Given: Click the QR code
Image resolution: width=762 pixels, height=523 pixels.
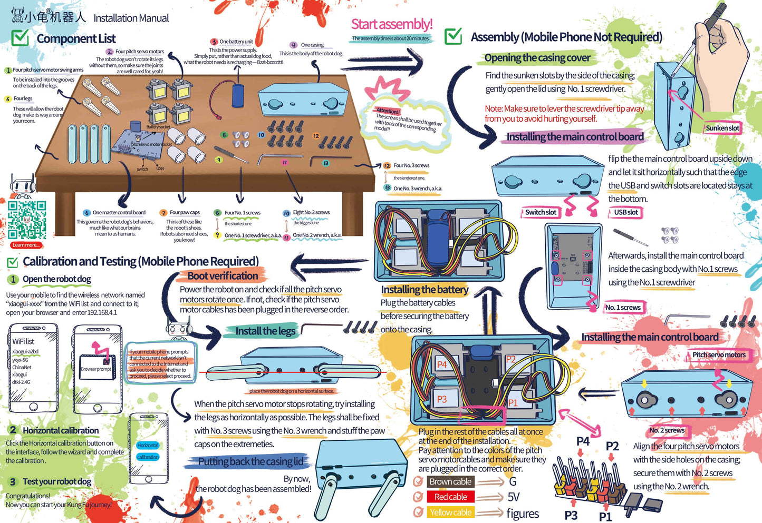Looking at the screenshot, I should tap(27, 220).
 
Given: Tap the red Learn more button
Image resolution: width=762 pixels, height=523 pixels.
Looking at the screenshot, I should tap(26, 245).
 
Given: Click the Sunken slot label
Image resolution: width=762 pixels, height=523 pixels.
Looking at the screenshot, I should tap(722, 128).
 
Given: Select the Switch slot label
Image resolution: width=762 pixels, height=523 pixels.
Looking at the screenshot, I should tap(541, 212).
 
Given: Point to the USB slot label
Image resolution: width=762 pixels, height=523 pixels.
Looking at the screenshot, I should tap(625, 212).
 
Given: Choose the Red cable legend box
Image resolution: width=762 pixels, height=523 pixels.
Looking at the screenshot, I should tap(450, 497).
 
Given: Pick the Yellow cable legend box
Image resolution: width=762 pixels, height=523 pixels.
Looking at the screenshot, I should tap(450, 512).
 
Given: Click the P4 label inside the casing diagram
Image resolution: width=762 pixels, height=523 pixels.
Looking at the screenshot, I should tap(441, 364).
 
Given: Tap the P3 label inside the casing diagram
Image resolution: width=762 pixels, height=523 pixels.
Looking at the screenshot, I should tap(441, 399).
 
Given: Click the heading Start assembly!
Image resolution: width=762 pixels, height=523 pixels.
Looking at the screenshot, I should tap(392, 24).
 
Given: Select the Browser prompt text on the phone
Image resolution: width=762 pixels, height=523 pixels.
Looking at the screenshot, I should tap(95, 369).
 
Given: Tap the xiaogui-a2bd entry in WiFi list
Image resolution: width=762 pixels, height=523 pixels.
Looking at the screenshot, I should tap(25, 351).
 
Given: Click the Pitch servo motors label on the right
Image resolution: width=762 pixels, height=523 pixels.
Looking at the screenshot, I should tap(719, 355).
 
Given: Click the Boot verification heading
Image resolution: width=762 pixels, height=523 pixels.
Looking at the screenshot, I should tap(223, 276).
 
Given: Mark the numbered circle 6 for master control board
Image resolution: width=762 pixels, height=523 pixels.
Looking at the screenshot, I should tap(87, 213).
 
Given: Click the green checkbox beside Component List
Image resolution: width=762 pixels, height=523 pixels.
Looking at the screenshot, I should tap(20, 38).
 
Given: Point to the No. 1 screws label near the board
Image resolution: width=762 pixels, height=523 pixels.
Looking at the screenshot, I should tap(623, 308).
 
